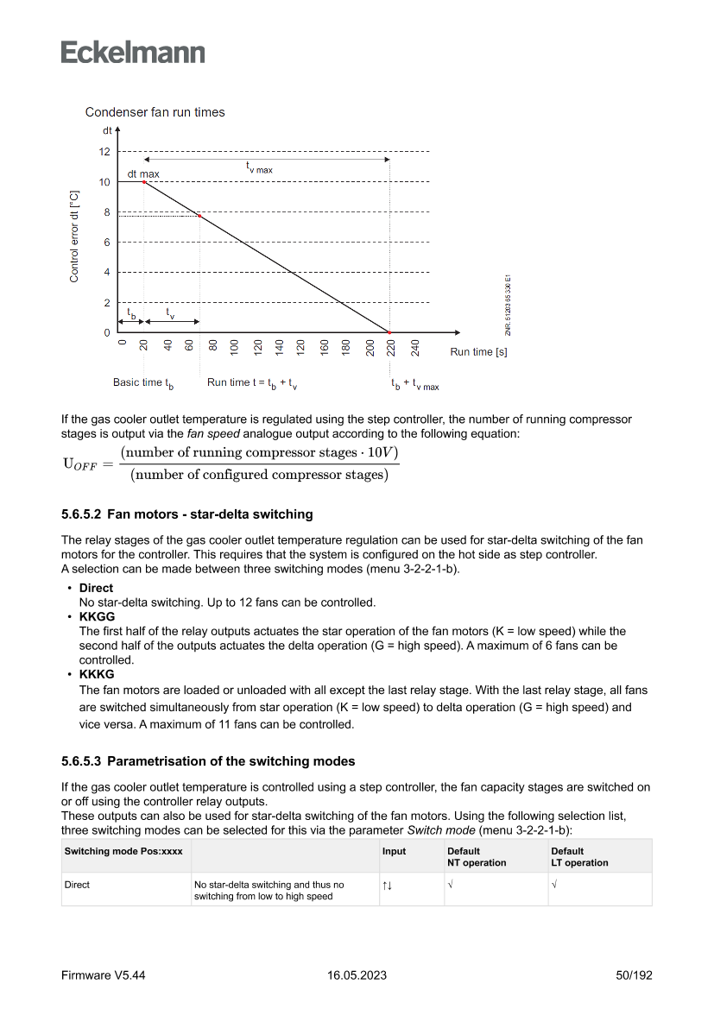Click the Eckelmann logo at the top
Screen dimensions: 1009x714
[x=133, y=52]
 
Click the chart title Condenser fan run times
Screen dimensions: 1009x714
[x=155, y=112]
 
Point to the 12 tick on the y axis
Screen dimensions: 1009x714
[x=104, y=152]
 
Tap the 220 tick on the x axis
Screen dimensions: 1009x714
[x=390, y=348]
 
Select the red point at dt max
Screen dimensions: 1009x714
[x=144, y=182]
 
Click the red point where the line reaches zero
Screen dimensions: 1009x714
[x=389, y=332]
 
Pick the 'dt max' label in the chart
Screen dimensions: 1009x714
[x=143, y=173]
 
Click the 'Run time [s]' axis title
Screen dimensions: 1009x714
[x=478, y=352]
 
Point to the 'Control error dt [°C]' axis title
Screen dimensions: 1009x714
[x=74, y=236]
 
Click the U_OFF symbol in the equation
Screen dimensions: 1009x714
[x=80, y=464]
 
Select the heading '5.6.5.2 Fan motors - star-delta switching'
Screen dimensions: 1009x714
[x=186, y=514]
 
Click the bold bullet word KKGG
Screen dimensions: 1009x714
[x=97, y=617]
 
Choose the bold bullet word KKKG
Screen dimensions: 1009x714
[x=97, y=674]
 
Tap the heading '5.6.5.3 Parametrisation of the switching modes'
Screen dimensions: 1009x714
[x=207, y=761]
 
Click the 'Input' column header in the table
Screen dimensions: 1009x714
[x=394, y=851]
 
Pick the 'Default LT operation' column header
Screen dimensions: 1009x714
[x=579, y=856]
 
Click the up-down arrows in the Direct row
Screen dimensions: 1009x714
[x=387, y=885]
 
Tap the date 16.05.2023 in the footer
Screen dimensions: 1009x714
[x=357, y=975]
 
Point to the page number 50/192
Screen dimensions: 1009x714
[x=633, y=975]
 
